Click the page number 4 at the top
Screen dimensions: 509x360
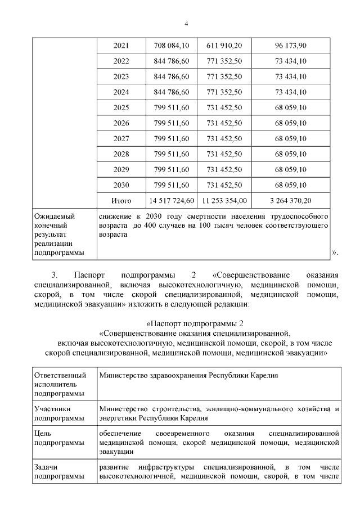(x=186, y=23)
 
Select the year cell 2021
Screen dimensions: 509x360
(x=121, y=46)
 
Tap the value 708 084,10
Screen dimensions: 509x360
(x=171, y=46)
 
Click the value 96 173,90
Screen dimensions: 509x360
(x=290, y=46)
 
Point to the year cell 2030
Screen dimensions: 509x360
(x=121, y=185)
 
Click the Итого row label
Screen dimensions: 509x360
(x=121, y=200)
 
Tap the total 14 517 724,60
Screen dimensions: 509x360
(x=171, y=200)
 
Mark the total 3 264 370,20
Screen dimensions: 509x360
(x=290, y=200)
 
